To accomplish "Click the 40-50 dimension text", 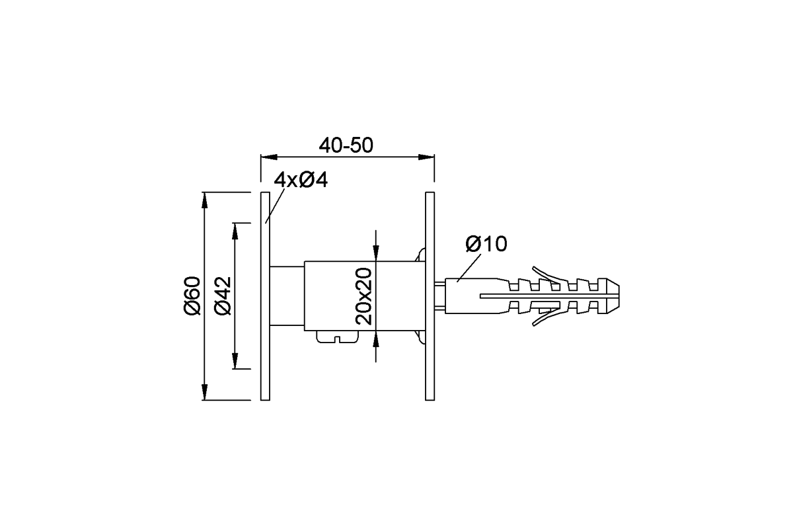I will pyautogui.click(x=346, y=145).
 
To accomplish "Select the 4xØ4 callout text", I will pyautogui.click(x=301, y=180).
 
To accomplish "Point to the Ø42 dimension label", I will pyautogui.click(x=223, y=296).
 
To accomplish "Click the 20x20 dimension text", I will pyautogui.click(x=364, y=296).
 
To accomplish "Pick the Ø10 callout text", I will pyautogui.click(x=486, y=244).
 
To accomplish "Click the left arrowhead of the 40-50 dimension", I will pyautogui.click(x=266, y=157).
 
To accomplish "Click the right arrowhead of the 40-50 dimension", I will pyautogui.click(x=429, y=157).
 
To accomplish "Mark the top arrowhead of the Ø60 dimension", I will pyautogui.click(x=205, y=198).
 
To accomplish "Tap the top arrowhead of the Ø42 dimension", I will pyautogui.click(x=235, y=229).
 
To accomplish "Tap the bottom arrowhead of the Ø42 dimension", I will pyautogui.click(x=235, y=363).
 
